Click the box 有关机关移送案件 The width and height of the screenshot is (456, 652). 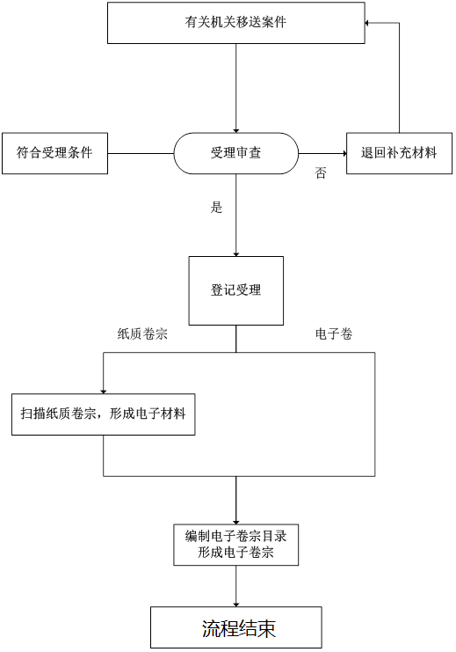point(235,23)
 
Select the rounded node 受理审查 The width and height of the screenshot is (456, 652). point(235,153)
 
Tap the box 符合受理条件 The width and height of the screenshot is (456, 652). point(54,153)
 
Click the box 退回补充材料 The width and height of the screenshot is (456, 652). point(399,153)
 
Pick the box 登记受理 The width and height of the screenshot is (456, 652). point(235,290)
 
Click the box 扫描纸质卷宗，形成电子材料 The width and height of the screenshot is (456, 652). point(104,414)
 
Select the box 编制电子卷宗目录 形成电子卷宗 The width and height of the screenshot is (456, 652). point(235,545)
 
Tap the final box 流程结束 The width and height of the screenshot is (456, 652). point(235,627)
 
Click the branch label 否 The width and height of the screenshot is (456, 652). point(320,172)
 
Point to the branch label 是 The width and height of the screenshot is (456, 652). point(216,207)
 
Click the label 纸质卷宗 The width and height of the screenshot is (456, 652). point(142,333)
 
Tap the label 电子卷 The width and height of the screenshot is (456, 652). point(334,333)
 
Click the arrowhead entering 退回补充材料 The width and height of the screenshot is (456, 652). point(344,153)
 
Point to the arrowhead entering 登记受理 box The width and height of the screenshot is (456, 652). point(235,254)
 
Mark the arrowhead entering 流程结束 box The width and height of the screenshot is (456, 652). point(235,604)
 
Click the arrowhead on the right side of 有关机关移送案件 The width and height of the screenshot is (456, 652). point(367,23)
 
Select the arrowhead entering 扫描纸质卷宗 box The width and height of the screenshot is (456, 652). point(104,392)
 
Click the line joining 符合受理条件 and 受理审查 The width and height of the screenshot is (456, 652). point(141,153)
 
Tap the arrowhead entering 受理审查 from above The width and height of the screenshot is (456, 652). point(235,130)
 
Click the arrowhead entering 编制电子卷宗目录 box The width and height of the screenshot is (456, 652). point(235,522)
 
